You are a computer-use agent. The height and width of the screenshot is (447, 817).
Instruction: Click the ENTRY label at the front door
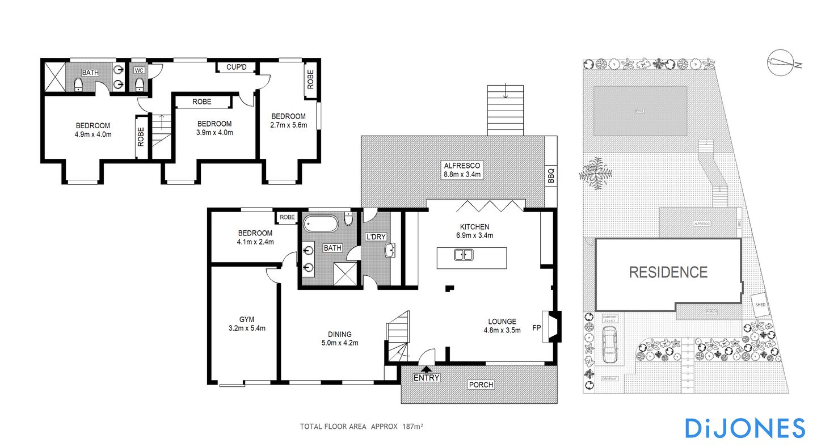426,378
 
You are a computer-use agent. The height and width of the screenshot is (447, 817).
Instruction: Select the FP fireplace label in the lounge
536,327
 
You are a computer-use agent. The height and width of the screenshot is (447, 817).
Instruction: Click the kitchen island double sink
464,255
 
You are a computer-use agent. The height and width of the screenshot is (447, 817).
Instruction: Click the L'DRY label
375,237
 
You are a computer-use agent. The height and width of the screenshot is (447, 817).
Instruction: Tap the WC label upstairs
139,71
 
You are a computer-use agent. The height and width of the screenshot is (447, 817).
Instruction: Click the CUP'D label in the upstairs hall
236,68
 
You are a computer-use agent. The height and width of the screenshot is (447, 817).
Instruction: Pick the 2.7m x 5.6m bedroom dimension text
288,125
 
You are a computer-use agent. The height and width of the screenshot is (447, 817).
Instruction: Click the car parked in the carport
609,346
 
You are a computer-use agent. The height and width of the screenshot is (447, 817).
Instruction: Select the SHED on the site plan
760,305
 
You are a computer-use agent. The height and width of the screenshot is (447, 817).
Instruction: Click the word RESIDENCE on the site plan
668,272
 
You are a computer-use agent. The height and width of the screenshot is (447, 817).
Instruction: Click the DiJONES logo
745,428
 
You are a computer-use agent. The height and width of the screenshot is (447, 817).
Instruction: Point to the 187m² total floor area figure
414,427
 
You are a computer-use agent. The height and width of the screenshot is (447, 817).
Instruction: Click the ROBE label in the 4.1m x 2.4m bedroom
287,217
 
